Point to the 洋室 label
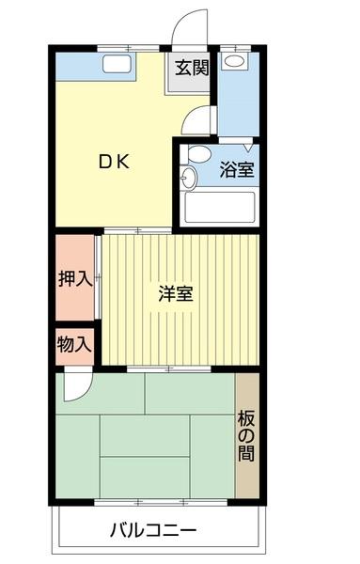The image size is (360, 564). pyautogui.click(x=176, y=292)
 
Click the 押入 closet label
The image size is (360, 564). pyautogui.click(x=74, y=279)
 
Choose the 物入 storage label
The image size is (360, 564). pyautogui.click(x=74, y=343)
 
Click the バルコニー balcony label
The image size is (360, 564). pyautogui.click(x=153, y=531)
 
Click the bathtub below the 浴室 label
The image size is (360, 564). pyautogui.click(x=221, y=207)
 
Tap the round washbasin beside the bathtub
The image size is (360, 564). pyautogui.click(x=187, y=180)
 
